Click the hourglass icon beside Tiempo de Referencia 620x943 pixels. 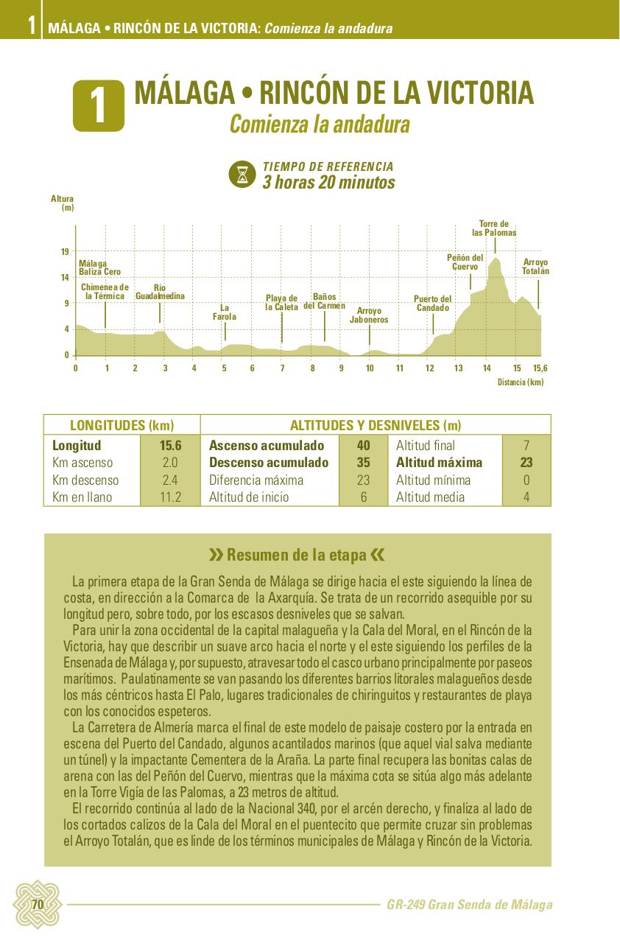242,175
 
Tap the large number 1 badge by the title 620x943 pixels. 98,106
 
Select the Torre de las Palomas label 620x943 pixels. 494,228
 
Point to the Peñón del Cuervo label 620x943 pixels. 465,262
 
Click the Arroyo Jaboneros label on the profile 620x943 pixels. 369,315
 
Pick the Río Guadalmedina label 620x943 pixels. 160,292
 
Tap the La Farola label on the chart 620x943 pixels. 225,312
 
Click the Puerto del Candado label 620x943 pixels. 432,303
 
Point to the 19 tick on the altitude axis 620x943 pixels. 65,253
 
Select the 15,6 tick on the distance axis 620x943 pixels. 540,368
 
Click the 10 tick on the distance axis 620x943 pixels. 370,368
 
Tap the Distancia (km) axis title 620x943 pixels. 520,382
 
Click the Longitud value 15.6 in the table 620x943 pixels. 170,446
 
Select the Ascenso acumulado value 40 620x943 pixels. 363,446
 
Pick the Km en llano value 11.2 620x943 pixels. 170,497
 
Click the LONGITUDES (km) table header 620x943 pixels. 121,425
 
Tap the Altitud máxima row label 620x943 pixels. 439,463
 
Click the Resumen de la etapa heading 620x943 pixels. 297,555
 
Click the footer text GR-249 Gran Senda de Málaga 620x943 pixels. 469,905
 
